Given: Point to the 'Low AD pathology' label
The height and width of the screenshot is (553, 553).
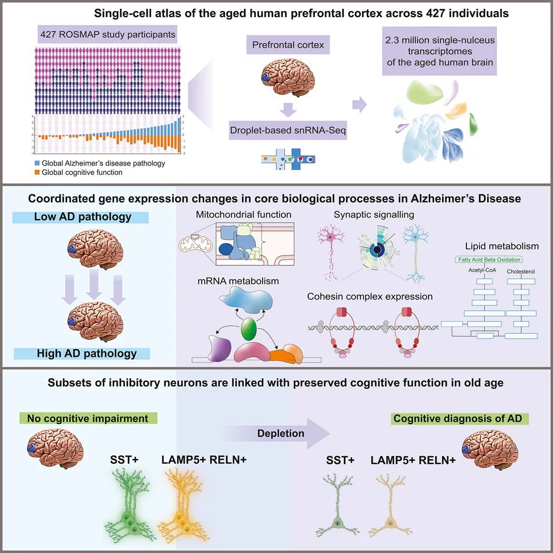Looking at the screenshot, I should (86, 217).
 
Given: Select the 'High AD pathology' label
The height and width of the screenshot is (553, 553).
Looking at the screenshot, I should (87, 353).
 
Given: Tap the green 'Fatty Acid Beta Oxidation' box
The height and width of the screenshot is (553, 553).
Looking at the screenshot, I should (489, 259).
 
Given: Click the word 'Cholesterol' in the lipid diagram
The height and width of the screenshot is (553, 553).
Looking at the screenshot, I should (521, 272).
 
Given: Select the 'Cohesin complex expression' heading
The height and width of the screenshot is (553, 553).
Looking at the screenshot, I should (370, 296).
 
